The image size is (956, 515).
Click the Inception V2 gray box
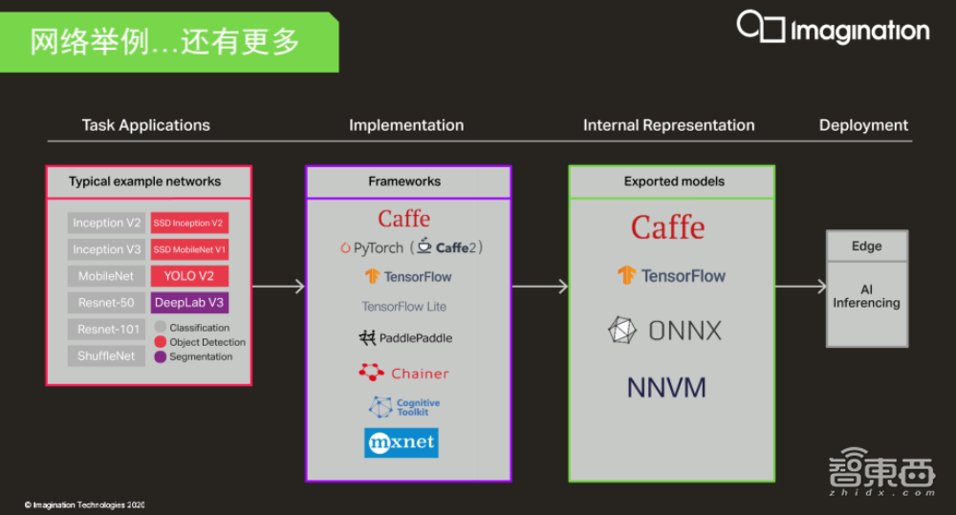point(106,224)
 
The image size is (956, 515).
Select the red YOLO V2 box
point(188,276)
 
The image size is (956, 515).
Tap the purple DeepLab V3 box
point(188,303)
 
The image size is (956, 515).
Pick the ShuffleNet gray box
point(106,356)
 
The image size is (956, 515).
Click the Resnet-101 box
point(106,330)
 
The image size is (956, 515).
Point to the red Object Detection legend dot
point(161,342)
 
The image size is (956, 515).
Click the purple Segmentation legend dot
point(161,356)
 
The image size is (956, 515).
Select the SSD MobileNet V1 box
point(188,249)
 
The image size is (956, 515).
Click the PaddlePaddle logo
point(405,338)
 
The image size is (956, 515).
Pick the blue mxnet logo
point(402,442)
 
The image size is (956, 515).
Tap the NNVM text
point(666,388)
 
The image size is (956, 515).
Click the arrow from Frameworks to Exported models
point(540,287)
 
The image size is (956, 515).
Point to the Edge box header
point(866,247)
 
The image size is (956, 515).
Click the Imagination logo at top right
point(833,29)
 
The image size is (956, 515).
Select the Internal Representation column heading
point(668,125)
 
